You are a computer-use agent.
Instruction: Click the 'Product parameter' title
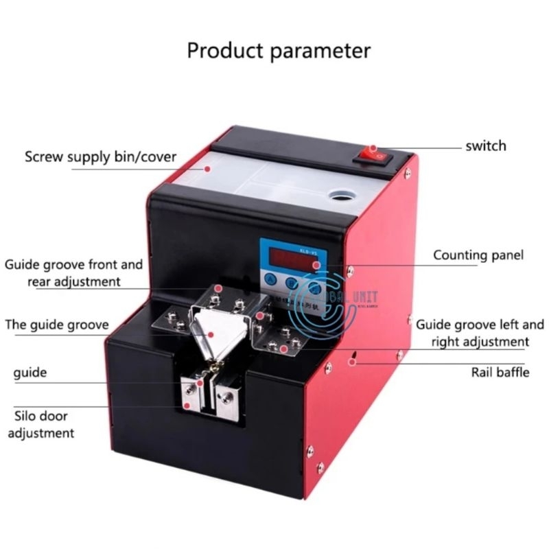click(279, 50)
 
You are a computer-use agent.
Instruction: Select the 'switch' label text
click(485, 145)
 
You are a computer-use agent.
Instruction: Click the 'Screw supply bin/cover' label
click(101, 156)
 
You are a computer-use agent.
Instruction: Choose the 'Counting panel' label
click(478, 255)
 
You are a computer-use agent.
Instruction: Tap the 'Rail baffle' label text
click(500, 372)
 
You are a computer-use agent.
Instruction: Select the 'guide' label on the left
click(30, 373)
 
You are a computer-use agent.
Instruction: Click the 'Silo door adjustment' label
click(44, 424)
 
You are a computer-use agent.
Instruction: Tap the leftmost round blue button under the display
click(270, 281)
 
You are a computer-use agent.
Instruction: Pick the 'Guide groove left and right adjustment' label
click(472, 331)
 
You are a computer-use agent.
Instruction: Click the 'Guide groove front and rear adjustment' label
click(73, 272)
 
